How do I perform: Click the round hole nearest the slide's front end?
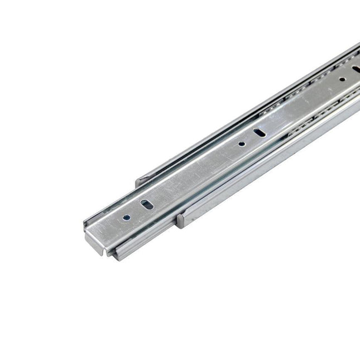pos(128,218)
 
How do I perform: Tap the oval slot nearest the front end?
pos(146,205)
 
